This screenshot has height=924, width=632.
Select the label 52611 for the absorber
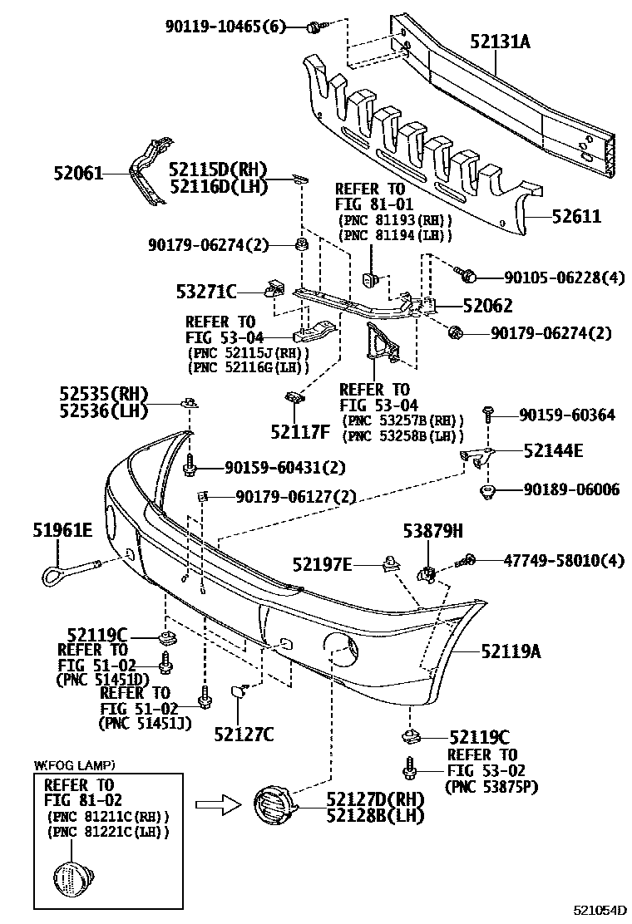(x=574, y=217)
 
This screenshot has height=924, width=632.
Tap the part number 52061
(x=78, y=174)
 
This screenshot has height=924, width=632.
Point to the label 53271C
(x=207, y=291)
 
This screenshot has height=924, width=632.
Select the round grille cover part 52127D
(x=271, y=806)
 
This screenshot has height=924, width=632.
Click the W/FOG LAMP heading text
(x=74, y=764)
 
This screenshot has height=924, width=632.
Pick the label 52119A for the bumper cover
(x=510, y=652)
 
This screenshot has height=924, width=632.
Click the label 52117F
(x=300, y=430)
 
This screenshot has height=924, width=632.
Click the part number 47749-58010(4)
(x=563, y=561)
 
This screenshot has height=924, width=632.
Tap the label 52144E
(x=553, y=451)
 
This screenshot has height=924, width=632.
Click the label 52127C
(x=244, y=734)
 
